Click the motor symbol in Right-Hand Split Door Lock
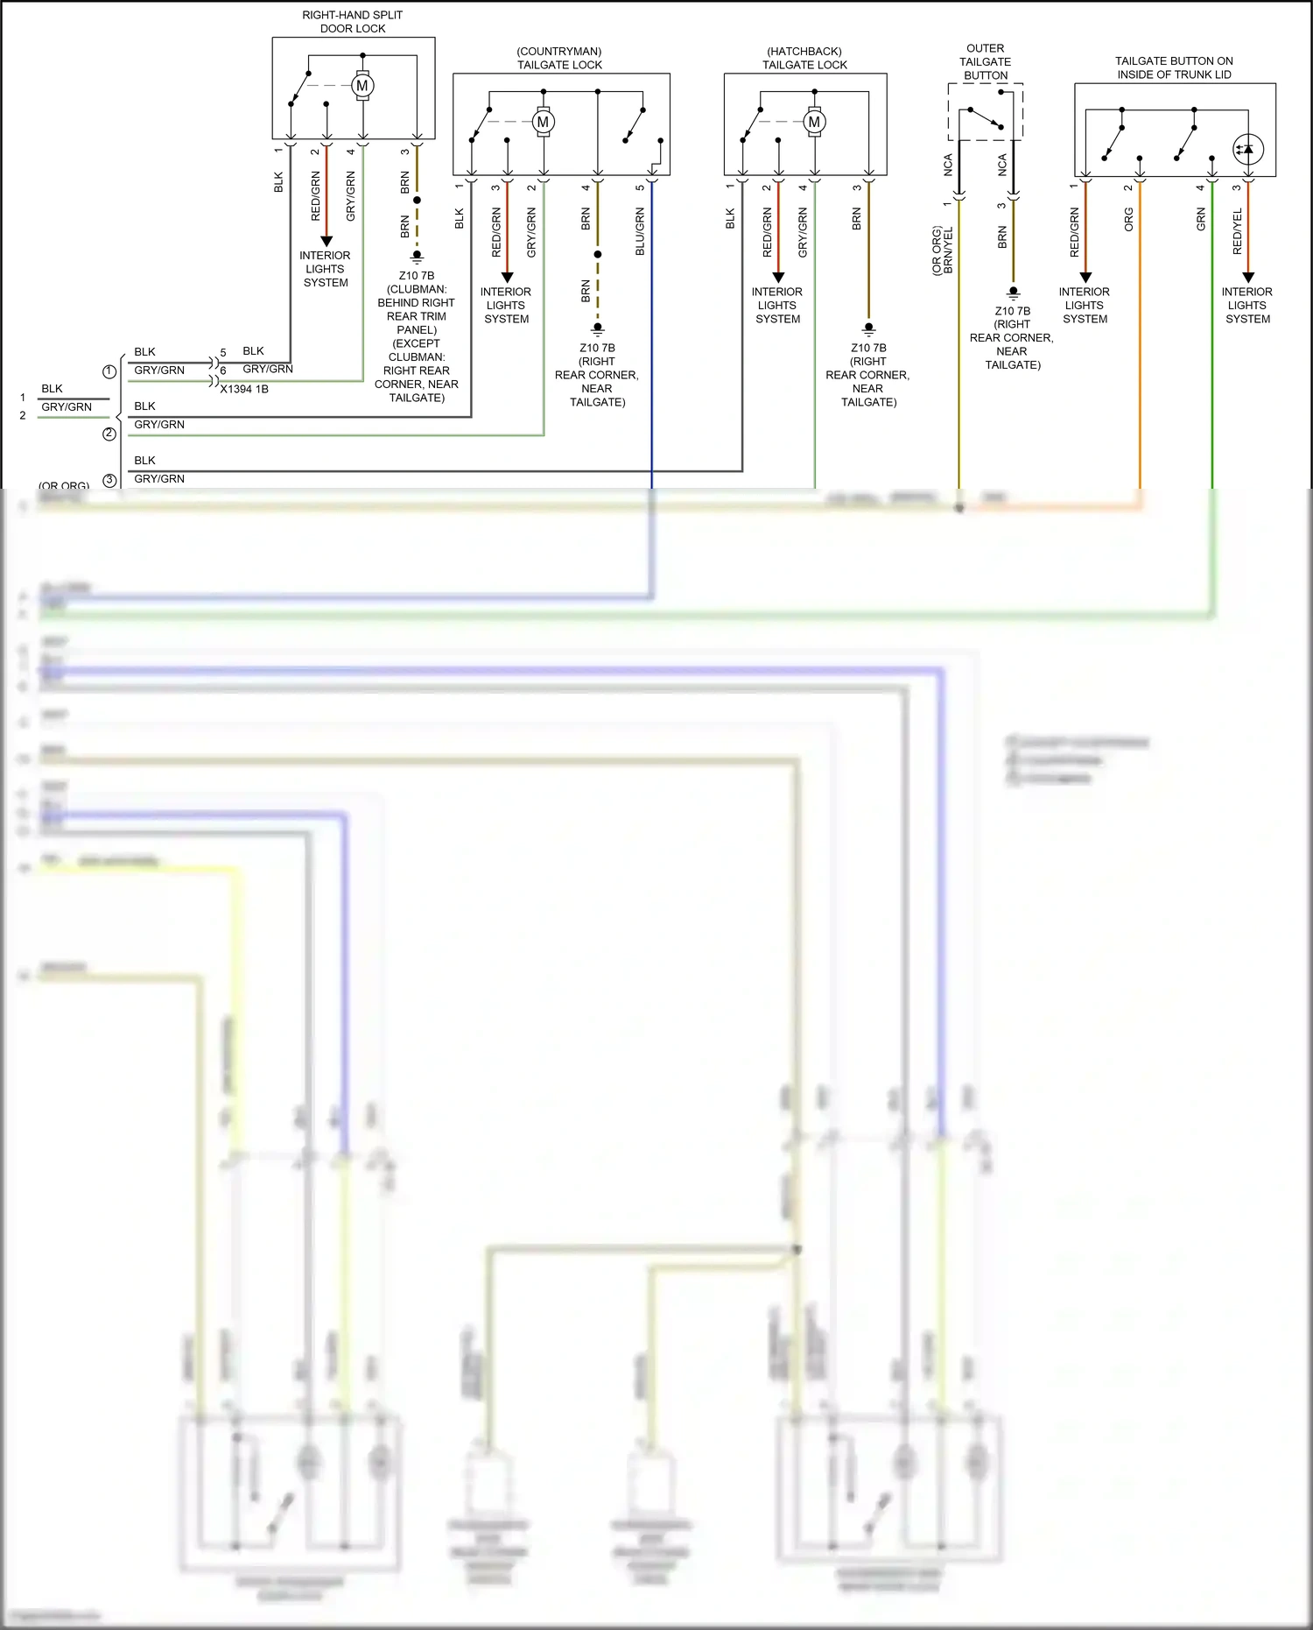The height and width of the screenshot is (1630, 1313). [362, 86]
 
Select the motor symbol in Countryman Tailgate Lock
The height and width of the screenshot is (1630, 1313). [543, 122]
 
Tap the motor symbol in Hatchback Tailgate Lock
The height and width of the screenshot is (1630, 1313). [814, 122]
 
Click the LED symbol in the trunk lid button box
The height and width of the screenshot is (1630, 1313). [1247, 149]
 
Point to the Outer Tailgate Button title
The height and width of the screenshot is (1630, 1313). [985, 62]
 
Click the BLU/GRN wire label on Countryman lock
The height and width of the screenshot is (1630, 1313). [640, 232]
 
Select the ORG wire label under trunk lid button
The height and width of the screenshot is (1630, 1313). [1128, 219]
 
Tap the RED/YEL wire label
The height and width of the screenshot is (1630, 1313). [1237, 232]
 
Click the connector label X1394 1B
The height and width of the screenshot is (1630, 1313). [244, 389]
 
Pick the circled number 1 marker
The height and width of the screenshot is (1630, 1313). [109, 371]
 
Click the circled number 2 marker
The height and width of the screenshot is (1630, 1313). [109, 434]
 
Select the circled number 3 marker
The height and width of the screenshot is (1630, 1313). [109, 480]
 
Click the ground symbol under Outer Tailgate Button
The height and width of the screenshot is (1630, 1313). [1013, 293]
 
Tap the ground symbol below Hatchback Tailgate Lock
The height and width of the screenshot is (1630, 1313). [868, 330]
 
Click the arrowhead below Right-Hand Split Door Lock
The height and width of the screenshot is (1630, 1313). [326, 241]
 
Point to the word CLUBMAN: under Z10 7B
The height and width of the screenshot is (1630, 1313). [417, 289]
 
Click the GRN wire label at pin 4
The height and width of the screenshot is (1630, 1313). [1201, 219]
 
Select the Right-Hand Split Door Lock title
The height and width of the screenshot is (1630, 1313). [353, 22]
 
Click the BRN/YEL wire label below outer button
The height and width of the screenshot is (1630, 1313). [948, 250]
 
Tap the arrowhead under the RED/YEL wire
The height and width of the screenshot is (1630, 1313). [1248, 277]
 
